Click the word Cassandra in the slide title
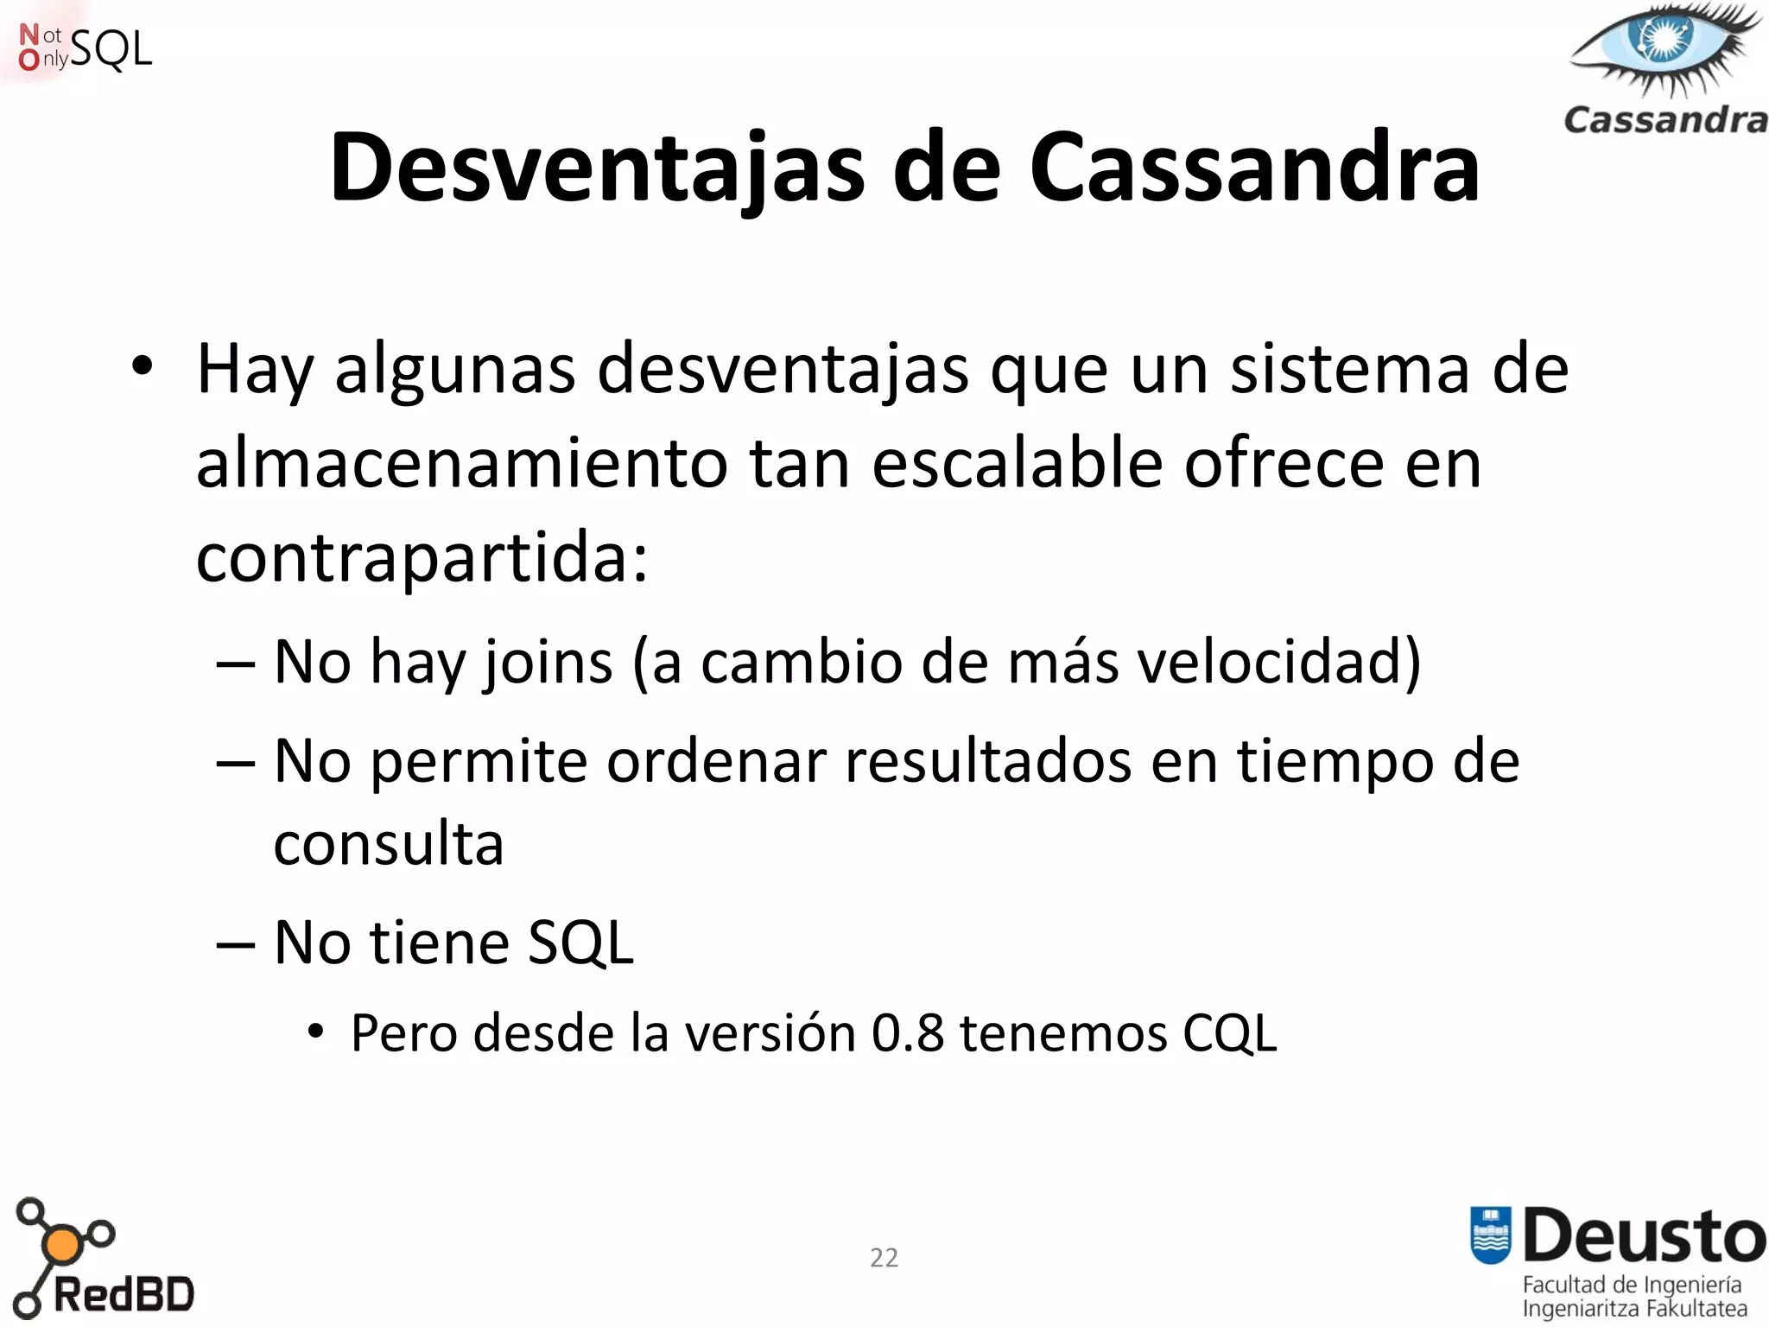pos(1254,168)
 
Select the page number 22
pos(884,1258)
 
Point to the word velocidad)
pos(1278,662)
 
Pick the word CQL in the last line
pos(1229,1032)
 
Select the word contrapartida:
pos(422,558)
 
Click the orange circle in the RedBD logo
pos(62,1245)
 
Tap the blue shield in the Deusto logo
pos(1491,1235)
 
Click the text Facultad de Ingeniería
pos(1632,1285)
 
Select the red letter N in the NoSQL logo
pos(29,35)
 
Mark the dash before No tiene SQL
pos(235,944)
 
